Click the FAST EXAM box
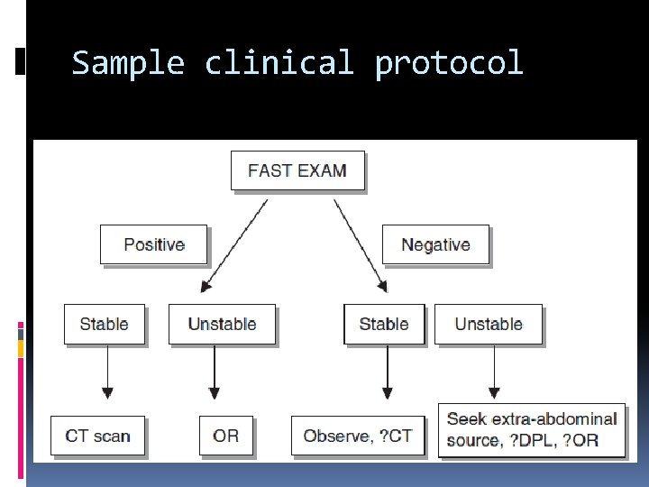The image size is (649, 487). coord(297,170)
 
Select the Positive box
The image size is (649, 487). coord(153,244)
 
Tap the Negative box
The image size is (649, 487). coord(435,244)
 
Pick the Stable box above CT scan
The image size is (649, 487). coord(104,324)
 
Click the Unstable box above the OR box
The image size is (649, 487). coord(222,324)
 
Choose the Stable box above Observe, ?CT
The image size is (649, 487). coord(384,324)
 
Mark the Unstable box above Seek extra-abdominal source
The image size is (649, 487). coord(489,324)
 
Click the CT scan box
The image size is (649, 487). coord(97,436)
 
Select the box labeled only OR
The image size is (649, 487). coord(226,436)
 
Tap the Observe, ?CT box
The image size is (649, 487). coord(358,436)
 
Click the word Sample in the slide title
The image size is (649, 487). coord(128,63)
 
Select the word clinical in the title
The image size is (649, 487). coord(279,63)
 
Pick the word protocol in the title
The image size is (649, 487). coord(449,63)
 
